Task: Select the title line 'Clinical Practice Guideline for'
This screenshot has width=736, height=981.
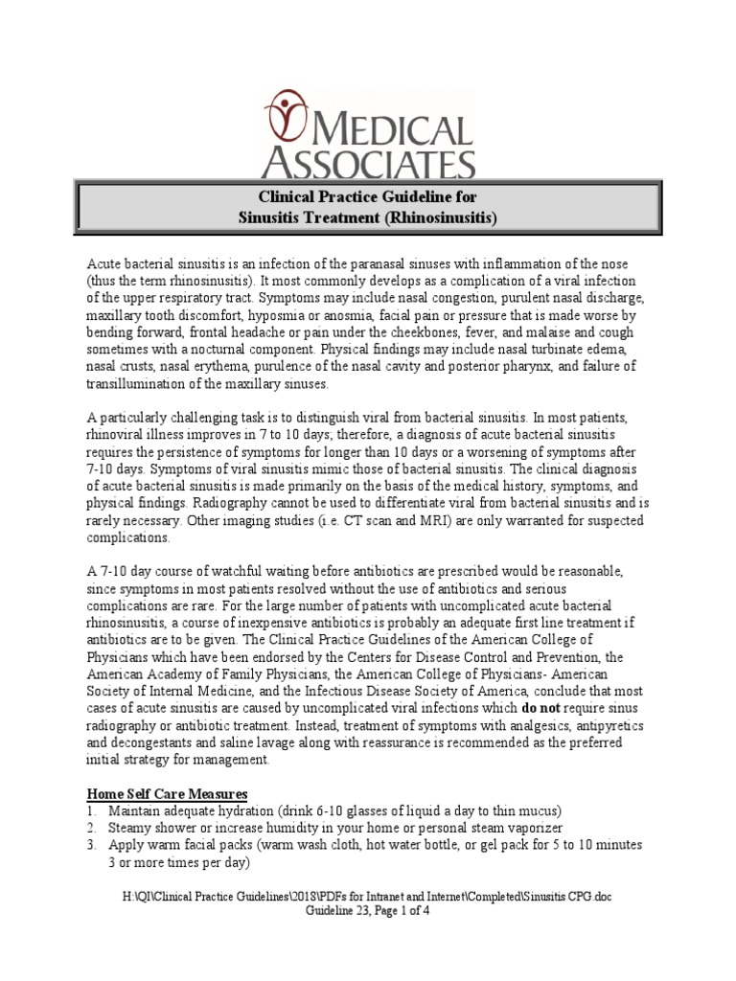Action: pos(368,196)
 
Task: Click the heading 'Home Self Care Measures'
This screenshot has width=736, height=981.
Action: pos(168,794)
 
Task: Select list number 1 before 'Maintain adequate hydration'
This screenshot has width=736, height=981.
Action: pos(92,811)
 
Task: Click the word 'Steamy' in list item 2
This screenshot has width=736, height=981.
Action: pos(132,828)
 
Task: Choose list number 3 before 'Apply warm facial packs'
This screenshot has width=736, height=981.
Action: pos(92,846)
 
